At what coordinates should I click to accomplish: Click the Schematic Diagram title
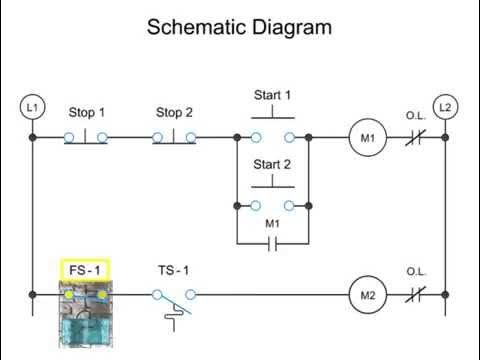239,27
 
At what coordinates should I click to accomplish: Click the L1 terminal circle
32,106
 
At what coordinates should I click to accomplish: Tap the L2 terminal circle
446,106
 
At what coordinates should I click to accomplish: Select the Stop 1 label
87,112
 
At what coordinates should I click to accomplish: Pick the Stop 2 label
175,112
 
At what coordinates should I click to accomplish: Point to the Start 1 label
272,96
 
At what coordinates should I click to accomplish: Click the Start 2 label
272,164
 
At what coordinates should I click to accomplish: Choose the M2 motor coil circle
366,295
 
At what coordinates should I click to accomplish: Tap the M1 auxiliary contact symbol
272,243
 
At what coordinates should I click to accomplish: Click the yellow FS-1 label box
86,269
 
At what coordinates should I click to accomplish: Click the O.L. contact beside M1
416,136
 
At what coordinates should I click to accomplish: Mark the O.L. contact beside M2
416,295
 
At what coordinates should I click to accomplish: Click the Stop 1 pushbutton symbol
87,136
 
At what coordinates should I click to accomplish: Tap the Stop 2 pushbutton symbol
175,136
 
